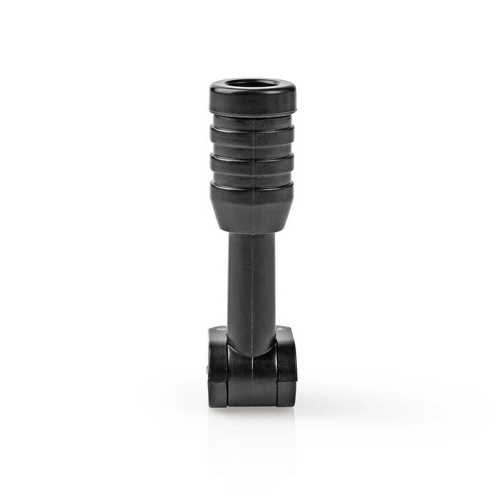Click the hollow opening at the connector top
coord(251,84)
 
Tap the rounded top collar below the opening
coord(251,100)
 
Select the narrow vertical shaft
coord(251,279)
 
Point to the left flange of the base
coord(218,369)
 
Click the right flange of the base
coord(286,369)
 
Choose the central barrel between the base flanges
coord(251,376)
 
